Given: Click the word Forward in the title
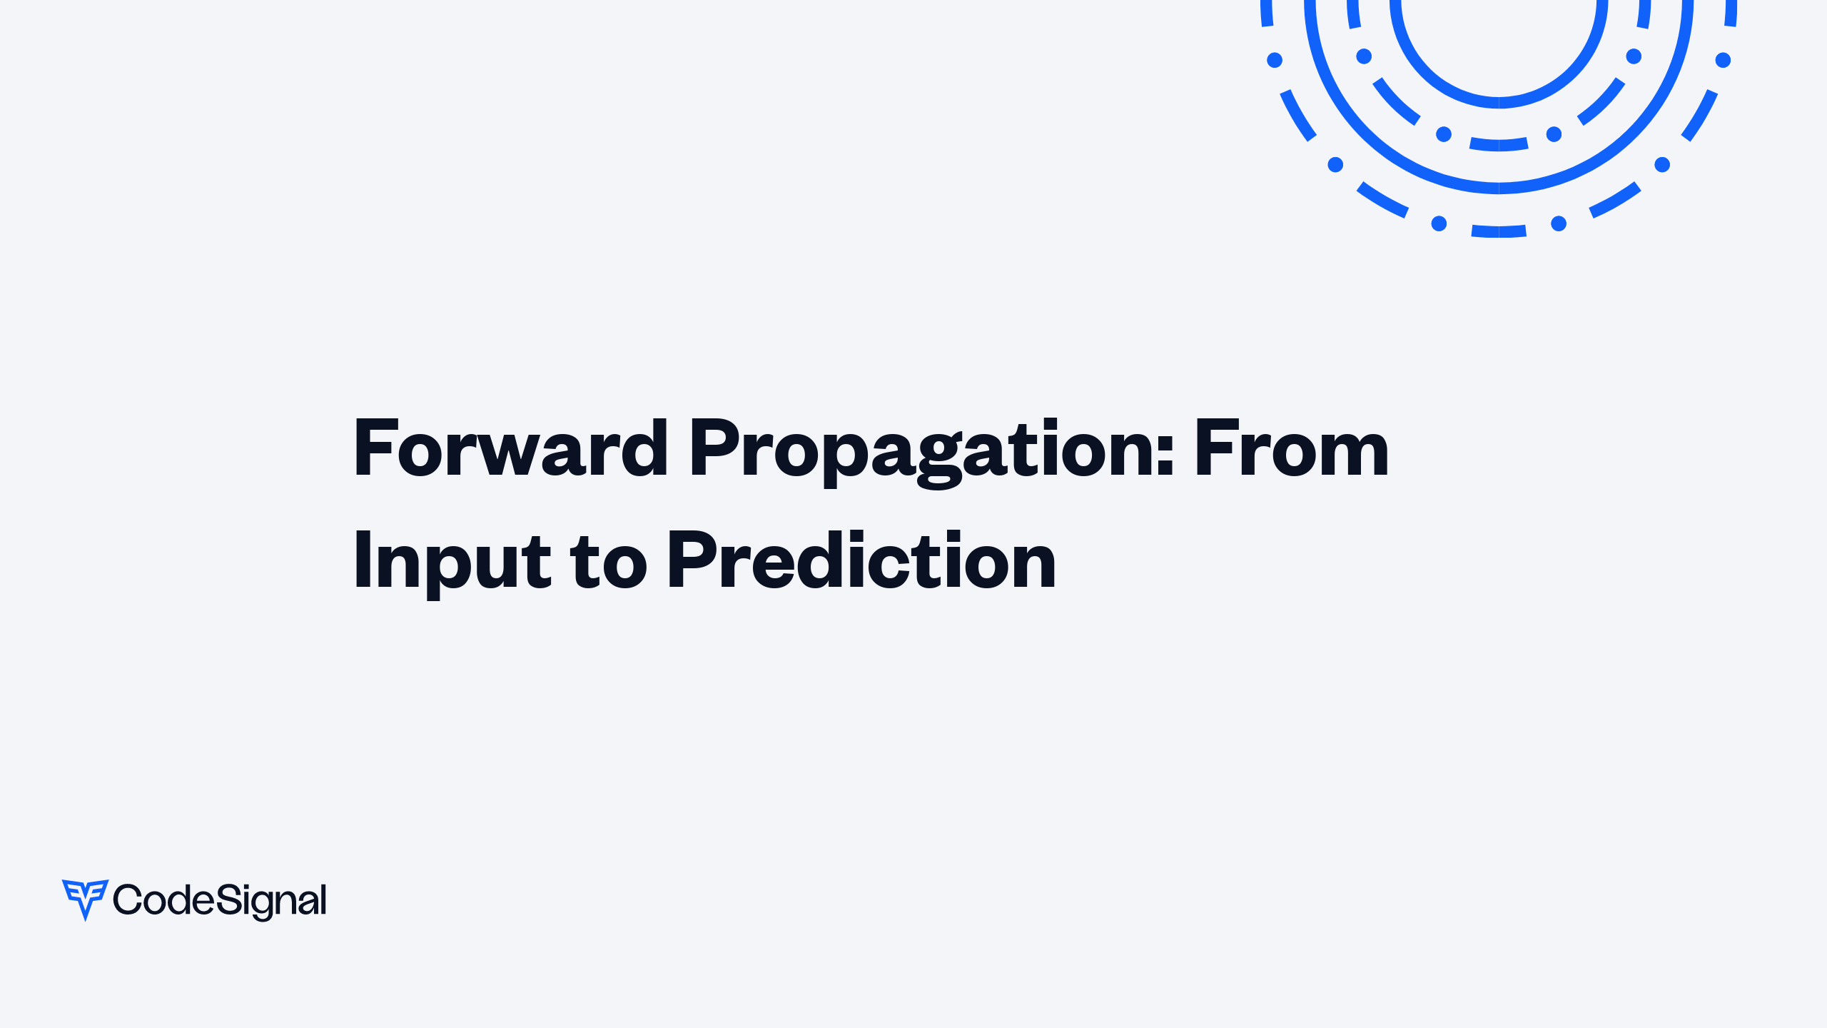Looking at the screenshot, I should point(511,448).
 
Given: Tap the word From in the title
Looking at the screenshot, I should point(1292,448).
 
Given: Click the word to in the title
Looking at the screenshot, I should point(608,563).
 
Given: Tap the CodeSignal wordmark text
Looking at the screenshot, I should point(220,900).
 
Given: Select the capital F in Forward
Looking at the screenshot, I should point(374,448).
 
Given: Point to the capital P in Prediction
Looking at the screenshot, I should point(692,560).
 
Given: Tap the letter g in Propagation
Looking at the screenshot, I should point(938,460).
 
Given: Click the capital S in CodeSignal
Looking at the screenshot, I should point(226,899).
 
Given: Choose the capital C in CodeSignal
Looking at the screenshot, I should point(128,899).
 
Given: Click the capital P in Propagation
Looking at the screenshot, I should point(714,448).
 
